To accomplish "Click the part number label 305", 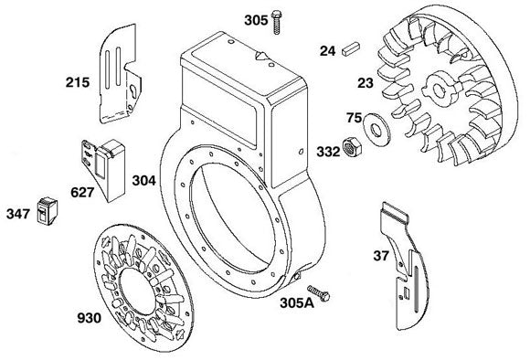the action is click(256, 21).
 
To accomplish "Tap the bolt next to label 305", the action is click(276, 22).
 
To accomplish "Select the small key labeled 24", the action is click(352, 48).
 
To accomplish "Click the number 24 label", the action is click(327, 51).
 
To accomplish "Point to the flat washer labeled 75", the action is click(376, 129).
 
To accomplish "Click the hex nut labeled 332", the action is click(352, 147).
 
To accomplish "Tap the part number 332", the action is click(328, 152).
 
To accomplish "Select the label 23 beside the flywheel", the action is click(366, 83).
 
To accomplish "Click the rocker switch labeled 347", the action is click(48, 211).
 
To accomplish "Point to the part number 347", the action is click(18, 214).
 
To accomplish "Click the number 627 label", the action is click(82, 193).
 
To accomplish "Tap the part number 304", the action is click(144, 181).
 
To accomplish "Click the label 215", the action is click(78, 82).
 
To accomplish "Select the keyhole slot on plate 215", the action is click(133, 92).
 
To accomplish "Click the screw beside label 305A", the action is click(318, 293).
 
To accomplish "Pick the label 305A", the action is click(297, 303).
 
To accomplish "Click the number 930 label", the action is click(90, 318).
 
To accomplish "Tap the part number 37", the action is click(381, 256).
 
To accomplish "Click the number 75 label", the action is click(354, 118).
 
